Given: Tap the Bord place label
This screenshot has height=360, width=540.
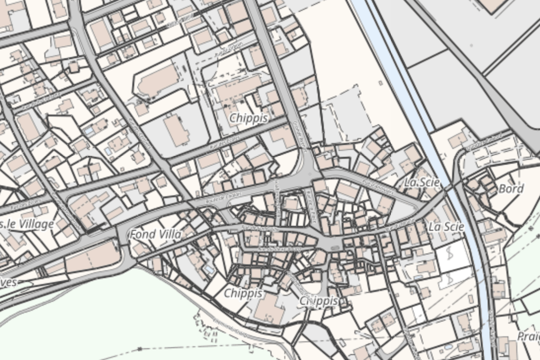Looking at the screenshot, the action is pos(511,189).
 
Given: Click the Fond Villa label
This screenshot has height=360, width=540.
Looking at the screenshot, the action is pos(154,235).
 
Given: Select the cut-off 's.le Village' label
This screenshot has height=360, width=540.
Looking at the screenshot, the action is pos(27,224).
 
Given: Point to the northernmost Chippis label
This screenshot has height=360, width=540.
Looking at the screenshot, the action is pos(249,118).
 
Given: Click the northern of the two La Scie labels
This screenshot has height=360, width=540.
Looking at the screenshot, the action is pos(422,182).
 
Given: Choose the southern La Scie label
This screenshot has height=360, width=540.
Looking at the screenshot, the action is pos(446,227).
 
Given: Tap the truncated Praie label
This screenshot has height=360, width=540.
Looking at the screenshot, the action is pos(528,336).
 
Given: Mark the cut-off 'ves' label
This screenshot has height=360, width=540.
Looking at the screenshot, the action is pos(8,282).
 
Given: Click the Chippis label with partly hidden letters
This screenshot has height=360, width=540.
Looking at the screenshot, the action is pos(319,300).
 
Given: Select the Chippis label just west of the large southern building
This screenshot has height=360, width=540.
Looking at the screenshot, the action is pos(243,293).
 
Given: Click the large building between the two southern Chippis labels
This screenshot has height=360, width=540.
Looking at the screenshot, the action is pos(270,309).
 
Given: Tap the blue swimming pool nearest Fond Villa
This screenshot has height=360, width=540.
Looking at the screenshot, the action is pos(210,270).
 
